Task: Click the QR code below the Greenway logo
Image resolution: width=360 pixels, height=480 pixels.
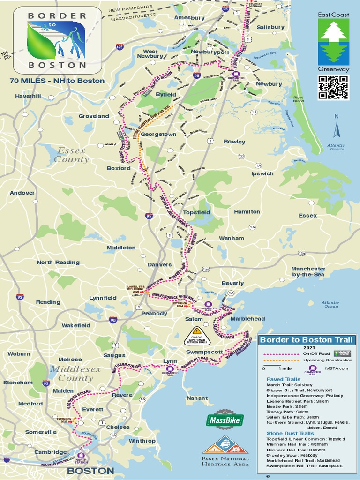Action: point(333,87)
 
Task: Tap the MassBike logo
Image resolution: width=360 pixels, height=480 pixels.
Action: point(225,420)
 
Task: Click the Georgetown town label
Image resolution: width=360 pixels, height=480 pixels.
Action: point(158,134)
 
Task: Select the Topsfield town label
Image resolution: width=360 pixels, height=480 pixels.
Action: point(196,212)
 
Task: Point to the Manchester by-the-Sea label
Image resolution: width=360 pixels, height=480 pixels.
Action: point(308,272)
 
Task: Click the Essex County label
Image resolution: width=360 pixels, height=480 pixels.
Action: point(71,155)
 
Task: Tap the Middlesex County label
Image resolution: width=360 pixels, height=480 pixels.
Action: point(75,373)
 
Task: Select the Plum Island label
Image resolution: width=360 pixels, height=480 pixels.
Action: point(298,99)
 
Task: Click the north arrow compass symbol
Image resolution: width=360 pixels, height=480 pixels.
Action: point(336,130)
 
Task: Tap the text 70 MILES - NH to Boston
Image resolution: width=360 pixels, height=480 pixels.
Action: point(57,81)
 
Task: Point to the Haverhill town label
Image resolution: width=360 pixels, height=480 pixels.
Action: point(28,96)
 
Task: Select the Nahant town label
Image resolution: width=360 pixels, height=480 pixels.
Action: point(197,398)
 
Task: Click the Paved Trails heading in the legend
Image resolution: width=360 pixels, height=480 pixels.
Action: point(283,379)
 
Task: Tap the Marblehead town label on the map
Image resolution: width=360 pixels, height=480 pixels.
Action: point(248,319)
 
